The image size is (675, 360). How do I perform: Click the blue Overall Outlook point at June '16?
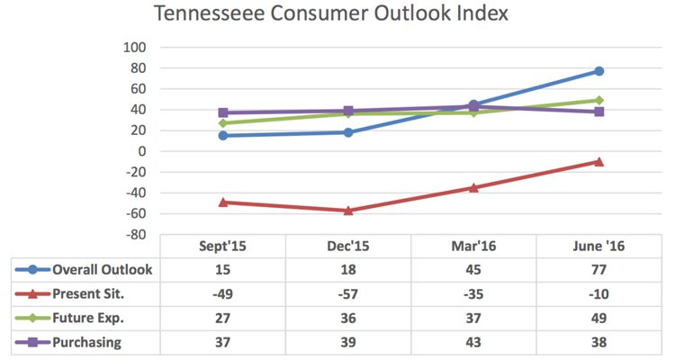599,71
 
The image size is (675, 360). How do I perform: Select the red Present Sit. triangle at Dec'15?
348,210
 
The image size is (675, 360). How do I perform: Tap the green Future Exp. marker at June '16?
599,100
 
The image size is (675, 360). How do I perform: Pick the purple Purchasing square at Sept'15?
223,112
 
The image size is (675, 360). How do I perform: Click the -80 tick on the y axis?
134,235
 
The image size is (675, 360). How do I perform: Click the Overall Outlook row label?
102,269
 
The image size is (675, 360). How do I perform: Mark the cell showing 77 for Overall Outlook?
599,269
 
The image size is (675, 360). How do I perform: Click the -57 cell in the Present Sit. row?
348,293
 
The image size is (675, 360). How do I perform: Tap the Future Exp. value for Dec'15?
348,318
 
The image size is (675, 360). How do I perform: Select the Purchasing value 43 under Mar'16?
473,342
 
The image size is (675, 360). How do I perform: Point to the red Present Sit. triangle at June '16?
599,161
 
